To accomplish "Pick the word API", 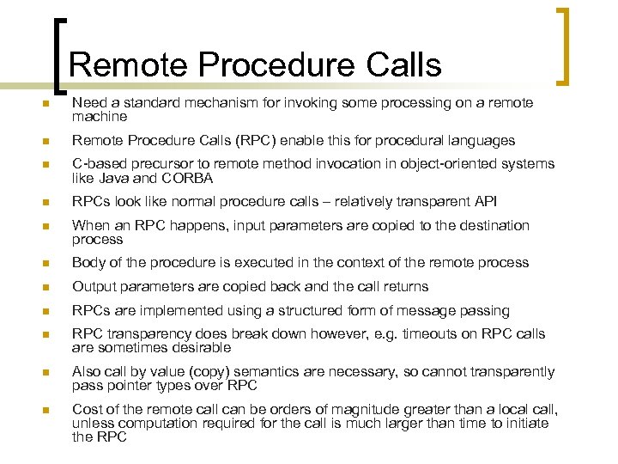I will click(485, 201).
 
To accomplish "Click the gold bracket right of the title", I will click(564, 47).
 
